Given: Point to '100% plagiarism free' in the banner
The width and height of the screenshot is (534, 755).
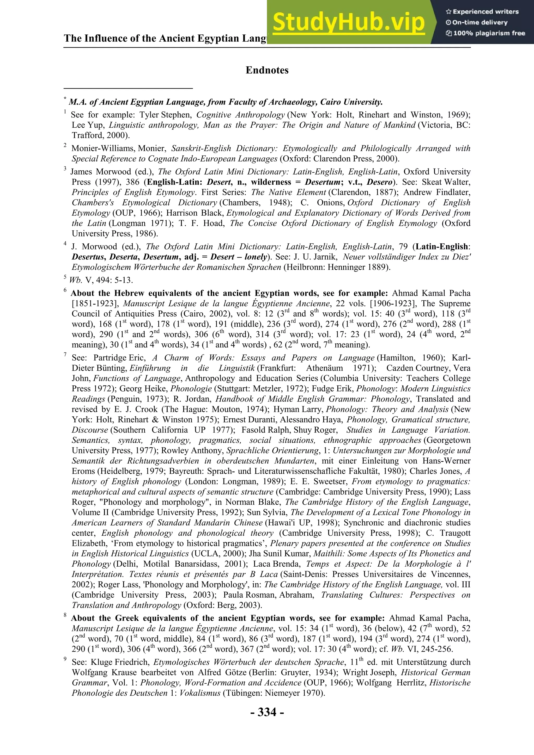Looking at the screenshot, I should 489,33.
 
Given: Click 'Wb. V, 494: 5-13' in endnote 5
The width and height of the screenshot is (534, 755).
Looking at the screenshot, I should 100,280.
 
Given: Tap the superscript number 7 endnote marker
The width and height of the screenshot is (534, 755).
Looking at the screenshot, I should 65,355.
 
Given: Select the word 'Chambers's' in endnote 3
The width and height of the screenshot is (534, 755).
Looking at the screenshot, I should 93,203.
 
